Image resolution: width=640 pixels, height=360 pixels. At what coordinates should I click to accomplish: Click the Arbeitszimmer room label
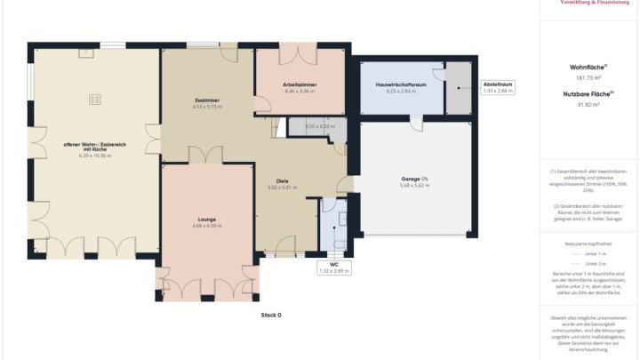point(300,84)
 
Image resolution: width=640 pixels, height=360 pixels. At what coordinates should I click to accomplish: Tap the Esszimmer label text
point(206,100)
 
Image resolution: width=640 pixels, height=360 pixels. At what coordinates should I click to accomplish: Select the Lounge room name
point(207,219)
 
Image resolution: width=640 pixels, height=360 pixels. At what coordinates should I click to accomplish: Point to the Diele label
point(282,180)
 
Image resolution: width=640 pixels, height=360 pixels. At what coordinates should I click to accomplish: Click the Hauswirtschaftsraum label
point(396,84)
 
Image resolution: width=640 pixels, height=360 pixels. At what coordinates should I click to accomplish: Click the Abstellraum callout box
point(498,87)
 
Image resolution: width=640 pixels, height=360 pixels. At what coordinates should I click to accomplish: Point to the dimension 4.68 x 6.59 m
point(207,226)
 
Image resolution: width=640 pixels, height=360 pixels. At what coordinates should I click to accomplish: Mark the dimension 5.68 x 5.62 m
point(414,186)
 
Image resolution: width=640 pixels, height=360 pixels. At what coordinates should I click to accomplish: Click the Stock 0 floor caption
point(271,315)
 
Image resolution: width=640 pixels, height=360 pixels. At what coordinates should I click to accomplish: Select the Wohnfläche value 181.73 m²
point(588,77)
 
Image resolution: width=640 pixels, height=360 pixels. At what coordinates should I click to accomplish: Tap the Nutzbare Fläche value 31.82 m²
point(588,105)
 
